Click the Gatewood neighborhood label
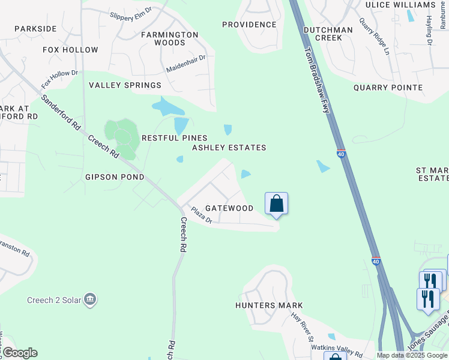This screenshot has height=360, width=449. (229, 208)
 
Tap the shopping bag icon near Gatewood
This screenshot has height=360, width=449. (276, 204)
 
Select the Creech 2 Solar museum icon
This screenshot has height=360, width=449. (90, 299)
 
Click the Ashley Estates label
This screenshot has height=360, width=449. (229, 148)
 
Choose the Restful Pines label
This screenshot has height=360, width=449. (174, 138)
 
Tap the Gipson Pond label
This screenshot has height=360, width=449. (115, 177)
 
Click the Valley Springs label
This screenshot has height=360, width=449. (125, 86)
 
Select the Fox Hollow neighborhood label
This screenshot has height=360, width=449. (70, 50)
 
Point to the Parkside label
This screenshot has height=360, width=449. (35, 29)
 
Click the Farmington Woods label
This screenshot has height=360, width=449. (169, 38)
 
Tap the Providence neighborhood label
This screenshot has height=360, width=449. (249, 25)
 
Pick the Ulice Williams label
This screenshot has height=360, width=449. (400, 5)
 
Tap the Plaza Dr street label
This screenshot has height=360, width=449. (202, 216)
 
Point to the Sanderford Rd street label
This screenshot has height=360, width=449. (61, 113)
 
